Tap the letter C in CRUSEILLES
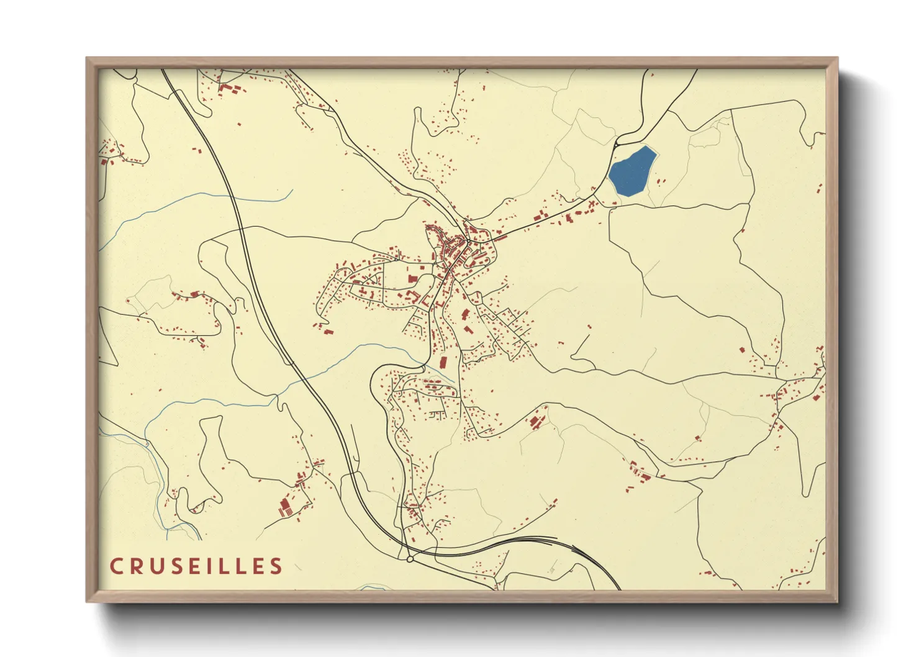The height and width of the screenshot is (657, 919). coord(116,566)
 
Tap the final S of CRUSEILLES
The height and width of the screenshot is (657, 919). coord(276,566)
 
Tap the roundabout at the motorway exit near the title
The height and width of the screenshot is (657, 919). coord(410,560)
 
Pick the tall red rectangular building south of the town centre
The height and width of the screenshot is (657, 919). coord(443,362)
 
